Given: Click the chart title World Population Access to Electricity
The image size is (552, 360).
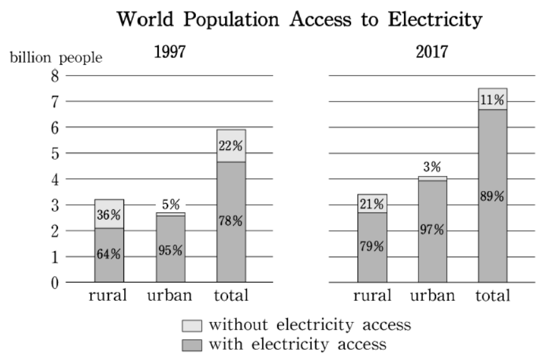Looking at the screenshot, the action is click(x=299, y=20).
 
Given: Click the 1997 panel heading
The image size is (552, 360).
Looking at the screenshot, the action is click(x=170, y=52).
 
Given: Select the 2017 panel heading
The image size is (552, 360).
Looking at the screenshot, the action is click(x=432, y=52).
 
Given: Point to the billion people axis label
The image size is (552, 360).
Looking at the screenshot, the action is click(x=56, y=58).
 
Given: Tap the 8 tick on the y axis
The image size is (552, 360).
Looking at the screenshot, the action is click(x=55, y=76).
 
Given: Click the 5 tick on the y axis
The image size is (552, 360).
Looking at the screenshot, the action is click(x=55, y=154).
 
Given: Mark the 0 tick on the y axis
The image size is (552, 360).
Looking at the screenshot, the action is click(x=55, y=283).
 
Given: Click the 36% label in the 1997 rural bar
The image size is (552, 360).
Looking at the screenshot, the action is click(x=108, y=214).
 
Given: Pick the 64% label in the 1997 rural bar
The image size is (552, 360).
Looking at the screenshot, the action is click(x=108, y=254).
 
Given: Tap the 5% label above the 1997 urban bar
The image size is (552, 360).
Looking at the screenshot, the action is click(x=171, y=204).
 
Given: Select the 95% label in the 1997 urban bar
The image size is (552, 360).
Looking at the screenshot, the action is click(x=170, y=250).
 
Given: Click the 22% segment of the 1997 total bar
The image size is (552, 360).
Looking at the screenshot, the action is click(x=231, y=146).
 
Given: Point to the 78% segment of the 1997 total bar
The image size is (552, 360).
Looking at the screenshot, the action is click(x=231, y=222).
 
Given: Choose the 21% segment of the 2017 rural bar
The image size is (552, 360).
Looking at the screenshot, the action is click(x=372, y=203).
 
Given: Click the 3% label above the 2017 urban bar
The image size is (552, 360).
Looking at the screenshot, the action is click(x=432, y=166).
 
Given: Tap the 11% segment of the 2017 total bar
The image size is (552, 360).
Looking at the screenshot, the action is click(x=493, y=99).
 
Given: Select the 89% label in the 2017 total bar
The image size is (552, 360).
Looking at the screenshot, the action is click(x=492, y=196).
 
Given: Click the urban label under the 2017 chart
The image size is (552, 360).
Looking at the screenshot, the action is click(x=433, y=295).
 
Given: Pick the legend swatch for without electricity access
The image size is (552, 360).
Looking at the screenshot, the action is click(x=192, y=326).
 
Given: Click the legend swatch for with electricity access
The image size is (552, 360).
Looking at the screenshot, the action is click(x=192, y=345).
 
